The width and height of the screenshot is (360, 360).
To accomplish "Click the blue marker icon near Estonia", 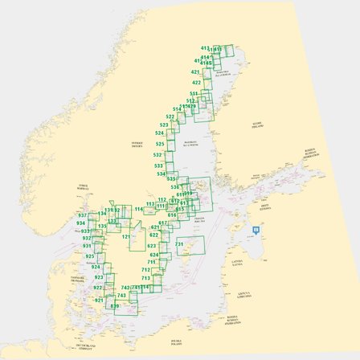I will click(256, 230).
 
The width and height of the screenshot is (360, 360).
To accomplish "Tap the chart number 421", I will click(196, 72).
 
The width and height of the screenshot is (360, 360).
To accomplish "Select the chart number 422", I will click(196, 83).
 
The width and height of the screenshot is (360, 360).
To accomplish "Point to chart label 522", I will click(170, 117).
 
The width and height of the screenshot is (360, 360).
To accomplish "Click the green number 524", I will click(160, 133).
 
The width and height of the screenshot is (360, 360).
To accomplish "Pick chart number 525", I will click(160, 144).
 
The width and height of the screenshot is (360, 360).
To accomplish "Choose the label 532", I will click(159, 154).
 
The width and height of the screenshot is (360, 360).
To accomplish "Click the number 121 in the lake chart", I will click(126, 237).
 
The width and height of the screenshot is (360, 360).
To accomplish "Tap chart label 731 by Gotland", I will click(181, 243).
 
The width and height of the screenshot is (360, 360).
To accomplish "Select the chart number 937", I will click(83, 215).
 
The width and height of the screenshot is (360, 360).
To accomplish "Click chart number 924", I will click(96, 266).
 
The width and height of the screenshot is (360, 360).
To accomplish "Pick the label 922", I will click(98, 287).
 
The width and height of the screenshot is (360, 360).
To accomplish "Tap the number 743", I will click(125, 287).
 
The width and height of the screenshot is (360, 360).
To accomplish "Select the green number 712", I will click(145, 270).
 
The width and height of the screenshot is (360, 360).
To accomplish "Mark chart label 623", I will click(153, 235).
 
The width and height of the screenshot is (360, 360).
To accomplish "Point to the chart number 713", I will click(145, 278).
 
